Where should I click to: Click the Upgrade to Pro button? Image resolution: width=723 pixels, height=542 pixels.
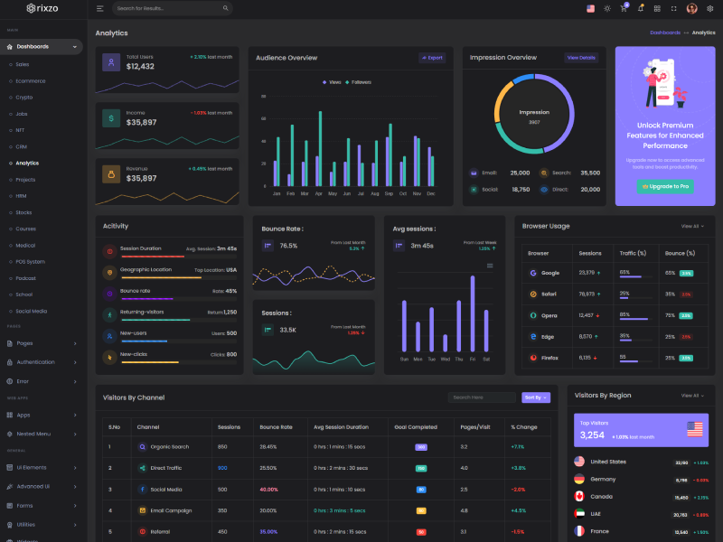pos(665,186)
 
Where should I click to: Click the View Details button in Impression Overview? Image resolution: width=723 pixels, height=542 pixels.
pos(581,58)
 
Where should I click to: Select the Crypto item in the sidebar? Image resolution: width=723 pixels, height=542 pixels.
pos(24,97)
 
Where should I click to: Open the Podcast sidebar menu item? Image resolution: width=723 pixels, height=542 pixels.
pos(25,277)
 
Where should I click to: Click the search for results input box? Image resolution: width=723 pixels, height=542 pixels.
pos(172,8)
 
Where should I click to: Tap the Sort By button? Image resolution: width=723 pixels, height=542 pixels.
pos(535,397)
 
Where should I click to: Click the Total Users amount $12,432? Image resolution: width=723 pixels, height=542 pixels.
pos(140,67)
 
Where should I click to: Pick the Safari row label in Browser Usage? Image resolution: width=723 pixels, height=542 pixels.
pos(549,294)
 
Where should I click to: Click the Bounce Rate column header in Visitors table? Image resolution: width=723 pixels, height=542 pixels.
pos(276,426)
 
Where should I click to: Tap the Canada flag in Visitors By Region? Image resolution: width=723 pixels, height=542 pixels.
pos(578,497)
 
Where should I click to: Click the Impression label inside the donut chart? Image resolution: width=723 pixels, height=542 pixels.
pos(534,113)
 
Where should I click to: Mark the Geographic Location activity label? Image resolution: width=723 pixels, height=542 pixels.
pos(146,269)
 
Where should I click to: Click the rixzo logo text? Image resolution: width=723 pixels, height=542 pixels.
pos(48,8)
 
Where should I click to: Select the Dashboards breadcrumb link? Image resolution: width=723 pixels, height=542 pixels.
pos(665,33)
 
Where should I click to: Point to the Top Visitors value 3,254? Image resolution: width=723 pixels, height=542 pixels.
pos(592,435)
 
